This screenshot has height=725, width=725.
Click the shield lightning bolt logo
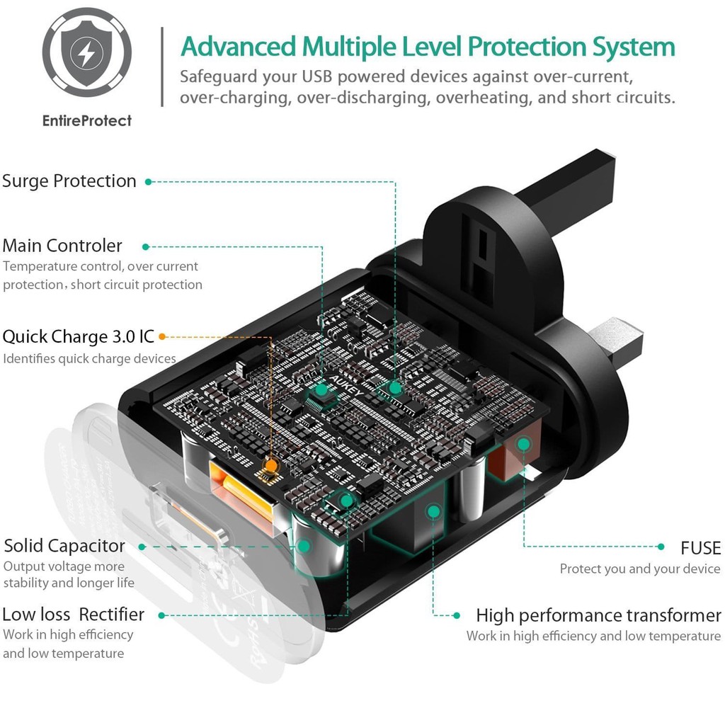point(86,52)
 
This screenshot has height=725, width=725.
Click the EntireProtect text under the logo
point(87,120)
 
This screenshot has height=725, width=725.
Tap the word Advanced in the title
point(238,47)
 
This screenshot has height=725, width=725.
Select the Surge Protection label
point(69,181)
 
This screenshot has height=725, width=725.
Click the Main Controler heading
point(62,246)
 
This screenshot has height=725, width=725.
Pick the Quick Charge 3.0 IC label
point(78,336)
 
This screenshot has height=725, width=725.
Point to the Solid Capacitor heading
point(64,546)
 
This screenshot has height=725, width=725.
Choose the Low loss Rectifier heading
point(73,615)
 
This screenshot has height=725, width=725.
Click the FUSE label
point(700,548)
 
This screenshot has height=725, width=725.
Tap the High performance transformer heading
point(598,615)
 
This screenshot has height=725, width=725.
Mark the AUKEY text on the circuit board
point(346,386)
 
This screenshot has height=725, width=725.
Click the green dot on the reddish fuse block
point(523,445)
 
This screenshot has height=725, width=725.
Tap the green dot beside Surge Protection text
point(148,182)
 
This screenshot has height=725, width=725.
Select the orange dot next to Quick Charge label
point(162,336)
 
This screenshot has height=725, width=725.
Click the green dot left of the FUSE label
point(661,547)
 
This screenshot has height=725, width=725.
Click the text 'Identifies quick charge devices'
point(89,359)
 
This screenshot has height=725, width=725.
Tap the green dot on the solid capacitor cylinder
point(304,546)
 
